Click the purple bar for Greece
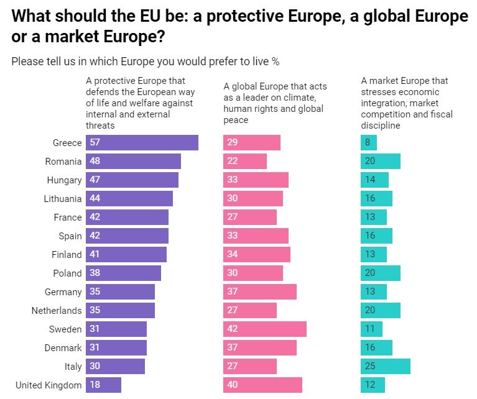tap(142, 143)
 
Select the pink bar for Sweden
tap(265, 329)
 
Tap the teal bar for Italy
tap(386, 367)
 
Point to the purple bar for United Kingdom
tap(103, 385)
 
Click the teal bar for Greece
tap(369, 143)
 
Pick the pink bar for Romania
tap(245, 162)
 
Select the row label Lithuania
tap(63, 199)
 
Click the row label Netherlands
tap(57, 311)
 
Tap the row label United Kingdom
tap(49, 385)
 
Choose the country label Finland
tap(67, 255)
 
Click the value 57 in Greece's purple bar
tap(95, 143)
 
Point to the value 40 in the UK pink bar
tap(233, 385)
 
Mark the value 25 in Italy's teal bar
tap(371, 367)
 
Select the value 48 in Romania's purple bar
tap(95, 162)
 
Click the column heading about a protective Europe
tap(140, 103)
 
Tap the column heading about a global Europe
tap(275, 103)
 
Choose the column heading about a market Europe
tap(407, 103)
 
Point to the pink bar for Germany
tap(260, 292)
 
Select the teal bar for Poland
tap(381, 273)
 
